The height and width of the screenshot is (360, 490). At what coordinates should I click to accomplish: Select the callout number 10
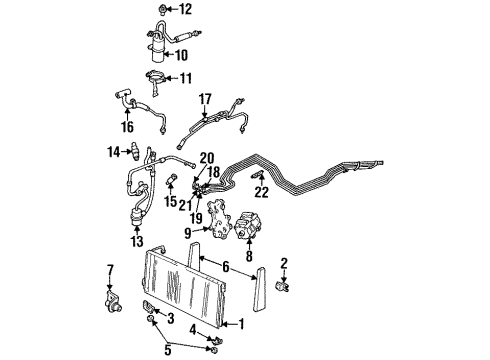(183, 55)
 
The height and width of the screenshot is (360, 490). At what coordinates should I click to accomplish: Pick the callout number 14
(113, 151)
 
